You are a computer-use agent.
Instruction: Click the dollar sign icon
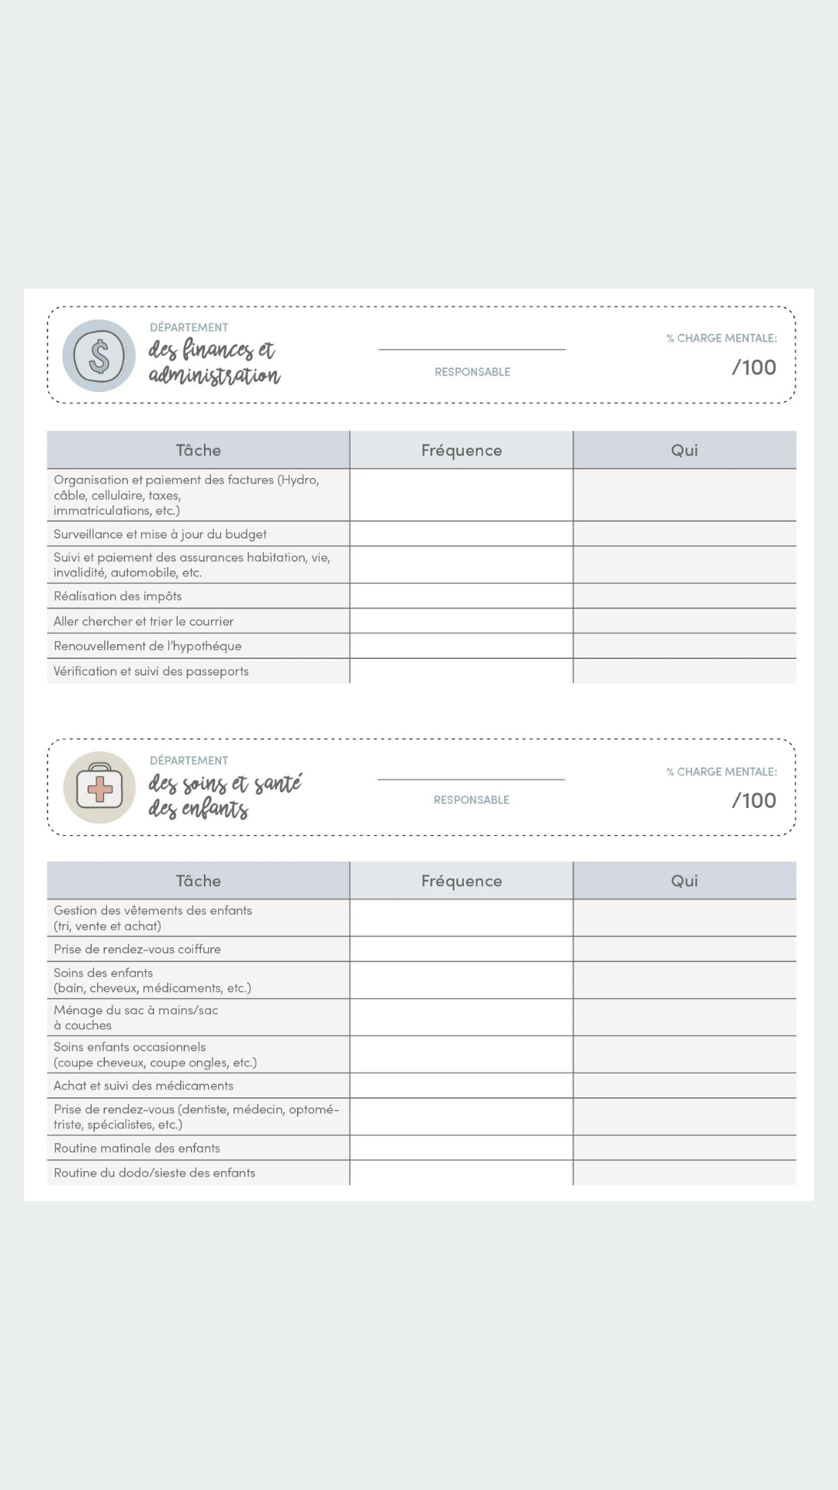click(99, 356)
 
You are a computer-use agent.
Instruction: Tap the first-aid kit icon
click(99, 788)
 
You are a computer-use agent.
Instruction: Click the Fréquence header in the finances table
click(462, 450)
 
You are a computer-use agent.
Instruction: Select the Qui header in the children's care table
click(684, 881)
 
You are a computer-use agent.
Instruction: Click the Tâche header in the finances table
click(199, 450)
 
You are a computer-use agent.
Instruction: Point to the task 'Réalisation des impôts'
click(118, 596)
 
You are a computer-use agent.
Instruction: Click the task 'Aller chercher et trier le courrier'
click(144, 621)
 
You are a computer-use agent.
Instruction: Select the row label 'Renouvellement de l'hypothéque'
click(147, 646)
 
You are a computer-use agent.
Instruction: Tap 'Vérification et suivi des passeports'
click(151, 671)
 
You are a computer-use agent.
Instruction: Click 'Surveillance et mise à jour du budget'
click(160, 534)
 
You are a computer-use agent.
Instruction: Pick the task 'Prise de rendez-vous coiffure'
click(137, 949)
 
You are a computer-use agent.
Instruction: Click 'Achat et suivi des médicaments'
click(144, 1086)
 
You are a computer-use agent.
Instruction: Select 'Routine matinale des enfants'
click(137, 1148)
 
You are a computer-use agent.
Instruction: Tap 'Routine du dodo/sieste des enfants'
click(154, 1173)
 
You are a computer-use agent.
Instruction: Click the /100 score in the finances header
click(753, 367)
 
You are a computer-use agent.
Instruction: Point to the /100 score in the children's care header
click(753, 800)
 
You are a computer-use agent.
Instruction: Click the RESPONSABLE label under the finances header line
click(473, 372)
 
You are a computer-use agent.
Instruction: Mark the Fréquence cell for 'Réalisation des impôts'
click(462, 596)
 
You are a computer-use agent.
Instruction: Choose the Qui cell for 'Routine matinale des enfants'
click(684, 1148)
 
